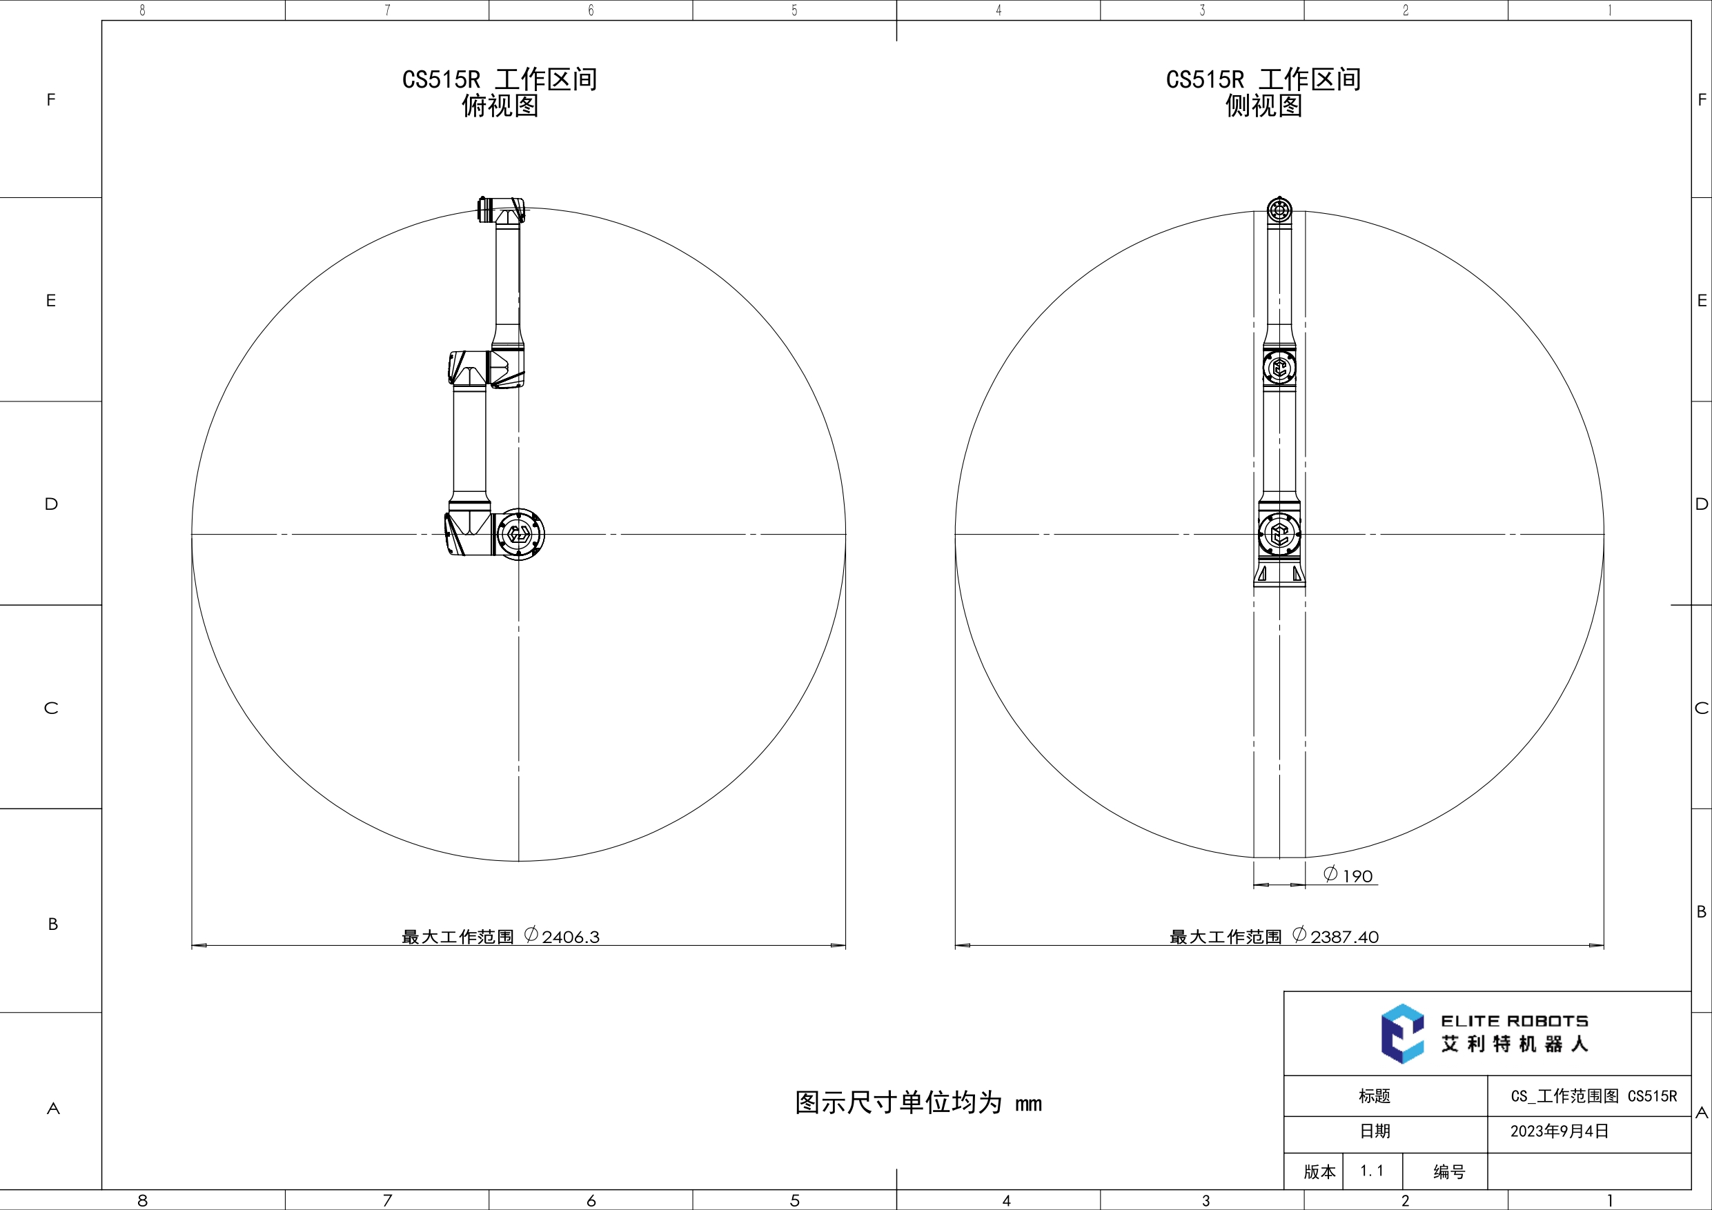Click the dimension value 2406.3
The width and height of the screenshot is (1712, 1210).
[x=571, y=937]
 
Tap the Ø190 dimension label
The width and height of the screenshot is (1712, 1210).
[x=1349, y=875]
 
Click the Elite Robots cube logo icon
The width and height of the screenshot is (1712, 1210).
[x=1401, y=1033]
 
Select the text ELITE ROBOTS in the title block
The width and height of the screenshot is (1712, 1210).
[x=1514, y=1022]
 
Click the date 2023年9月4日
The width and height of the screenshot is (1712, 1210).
[x=1559, y=1131]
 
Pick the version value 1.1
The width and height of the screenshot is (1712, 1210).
[x=1371, y=1171]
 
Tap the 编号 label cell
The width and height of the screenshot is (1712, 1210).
[x=1449, y=1172]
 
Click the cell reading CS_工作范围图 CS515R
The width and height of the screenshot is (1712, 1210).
[x=1593, y=1096]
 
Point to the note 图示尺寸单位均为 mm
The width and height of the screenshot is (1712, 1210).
[x=918, y=1102]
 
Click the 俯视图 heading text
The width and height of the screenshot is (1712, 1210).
[x=500, y=106]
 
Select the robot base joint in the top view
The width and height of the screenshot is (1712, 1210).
[x=519, y=534]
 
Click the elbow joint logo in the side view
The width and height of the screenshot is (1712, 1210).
[x=1279, y=368]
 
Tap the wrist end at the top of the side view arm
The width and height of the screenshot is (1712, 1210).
[x=1279, y=210]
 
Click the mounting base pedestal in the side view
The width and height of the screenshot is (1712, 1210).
[x=1279, y=574]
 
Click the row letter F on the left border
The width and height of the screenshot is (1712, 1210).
[x=50, y=100]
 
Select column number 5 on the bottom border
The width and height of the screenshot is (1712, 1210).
[x=794, y=1200]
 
